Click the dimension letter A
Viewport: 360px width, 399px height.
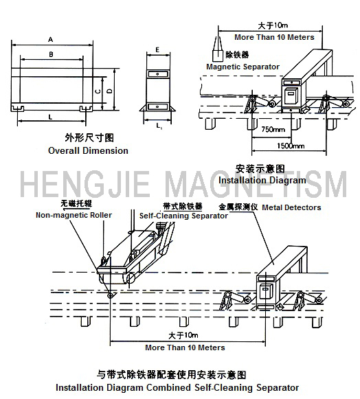pyautogui.click(x=51, y=39)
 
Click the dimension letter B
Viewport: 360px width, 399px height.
pyautogui.click(x=51, y=54)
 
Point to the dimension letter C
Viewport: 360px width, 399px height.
pyautogui.click(x=98, y=91)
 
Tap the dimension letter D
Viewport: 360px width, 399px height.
pyautogui.click(x=110, y=91)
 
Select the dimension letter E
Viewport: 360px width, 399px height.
pyautogui.click(x=157, y=49)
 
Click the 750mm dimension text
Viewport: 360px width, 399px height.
pyautogui.click(x=273, y=130)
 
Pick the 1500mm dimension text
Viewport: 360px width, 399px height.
pyautogui.click(x=291, y=146)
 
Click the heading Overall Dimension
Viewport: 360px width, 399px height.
pyautogui.click(x=88, y=150)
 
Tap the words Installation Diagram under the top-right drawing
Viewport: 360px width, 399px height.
pyautogui.click(x=262, y=181)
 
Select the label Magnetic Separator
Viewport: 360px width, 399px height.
pyautogui.click(x=243, y=67)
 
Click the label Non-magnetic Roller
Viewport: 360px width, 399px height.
pyautogui.click(x=74, y=215)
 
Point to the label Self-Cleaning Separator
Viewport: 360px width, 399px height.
pyautogui.click(x=183, y=216)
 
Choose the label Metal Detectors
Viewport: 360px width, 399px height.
pyautogui.click(x=291, y=207)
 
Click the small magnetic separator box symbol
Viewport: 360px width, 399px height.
pyautogui.click(x=218, y=56)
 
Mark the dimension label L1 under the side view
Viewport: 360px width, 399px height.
pyautogui.click(x=159, y=126)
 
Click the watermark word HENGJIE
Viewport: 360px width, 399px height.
pyautogui.click(x=85, y=184)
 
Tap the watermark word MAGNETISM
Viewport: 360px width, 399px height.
pyautogui.click(x=258, y=184)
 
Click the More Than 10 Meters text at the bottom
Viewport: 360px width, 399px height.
pyautogui.click(x=185, y=347)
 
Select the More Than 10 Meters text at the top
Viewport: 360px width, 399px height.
pyautogui.click(x=274, y=37)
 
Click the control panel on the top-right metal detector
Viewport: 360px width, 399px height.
pyautogui.click(x=291, y=95)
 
